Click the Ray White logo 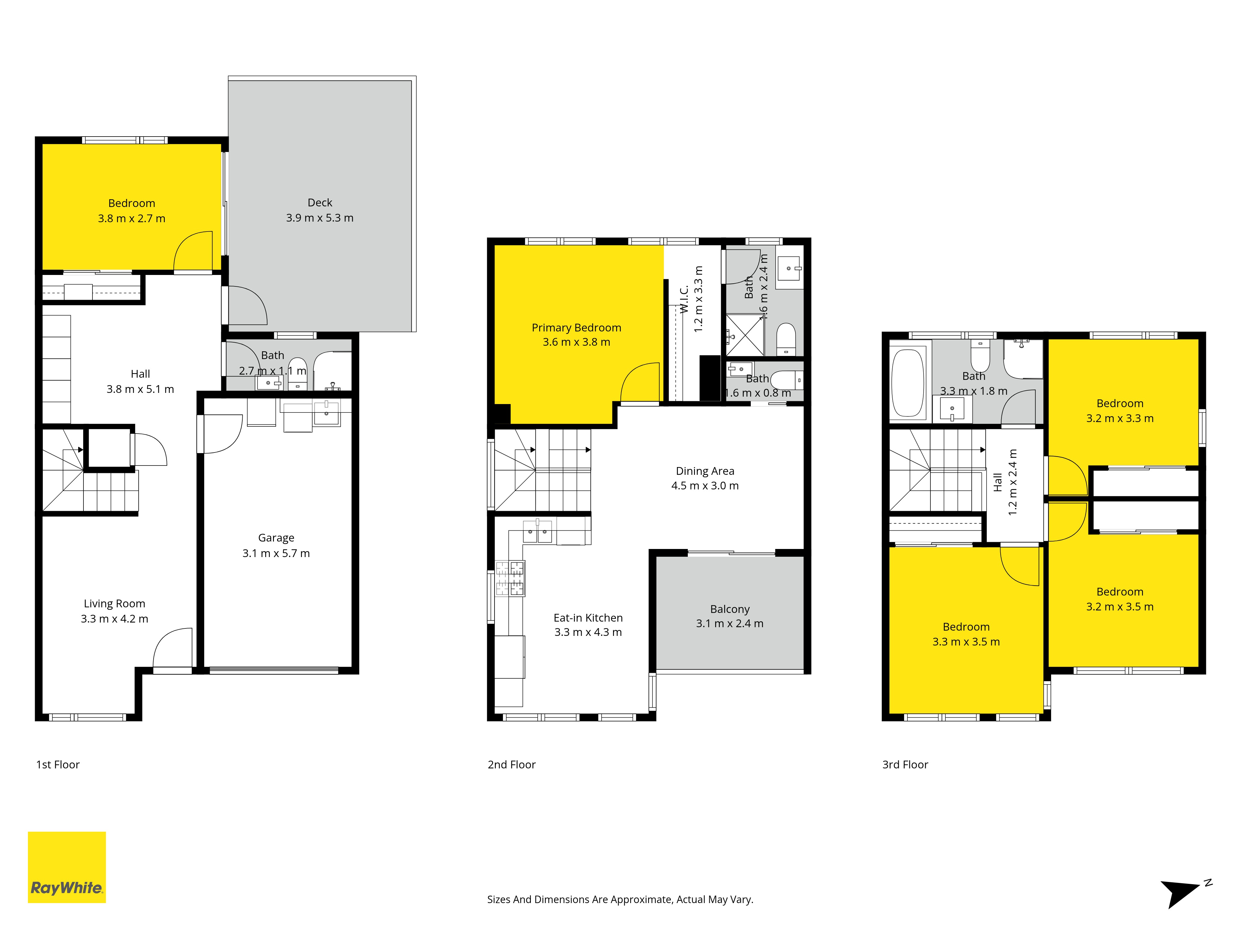[67, 867]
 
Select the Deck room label [320, 203]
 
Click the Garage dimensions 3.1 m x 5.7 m [276, 553]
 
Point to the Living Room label [114, 604]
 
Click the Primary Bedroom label [576, 328]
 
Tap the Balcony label [730, 609]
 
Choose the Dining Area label [705, 471]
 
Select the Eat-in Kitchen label [588, 618]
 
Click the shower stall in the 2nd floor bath [745, 335]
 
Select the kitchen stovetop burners [509, 578]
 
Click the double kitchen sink [537, 531]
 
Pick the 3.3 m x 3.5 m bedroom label [966, 634]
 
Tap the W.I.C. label [684, 300]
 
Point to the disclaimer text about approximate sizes [620, 900]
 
